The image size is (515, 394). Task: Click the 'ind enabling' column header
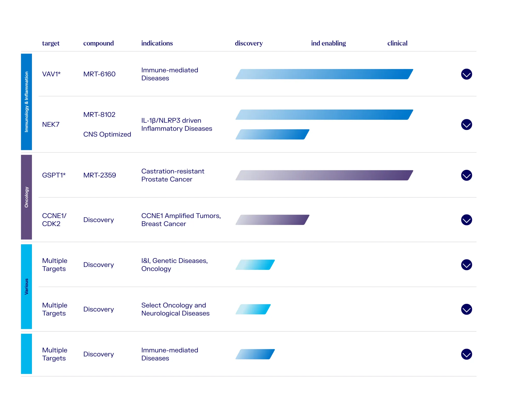tap(328, 43)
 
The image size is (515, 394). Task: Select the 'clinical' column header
tap(397, 43)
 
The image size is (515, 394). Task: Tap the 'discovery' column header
tap(249, 43)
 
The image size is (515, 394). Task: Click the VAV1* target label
tap(51, 74)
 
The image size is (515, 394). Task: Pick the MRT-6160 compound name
tap(99, 74)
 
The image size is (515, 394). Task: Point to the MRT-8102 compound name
tap(99, 115)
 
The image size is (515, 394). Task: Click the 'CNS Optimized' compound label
tap(107, 135)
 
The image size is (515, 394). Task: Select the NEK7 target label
tap(51, 125)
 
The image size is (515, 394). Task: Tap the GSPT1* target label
tap(54, 175)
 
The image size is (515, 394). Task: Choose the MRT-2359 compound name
tap(100, 175)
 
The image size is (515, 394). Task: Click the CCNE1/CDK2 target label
tap(54, 220)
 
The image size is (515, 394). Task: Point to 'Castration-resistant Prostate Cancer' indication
tap(173, 175)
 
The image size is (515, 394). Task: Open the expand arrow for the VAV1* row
tap(466, 74)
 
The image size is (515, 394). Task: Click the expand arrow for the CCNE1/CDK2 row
tap(466, 220)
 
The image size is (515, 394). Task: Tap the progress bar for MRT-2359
tap(324, 175)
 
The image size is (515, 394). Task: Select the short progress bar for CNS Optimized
tap(272, 135)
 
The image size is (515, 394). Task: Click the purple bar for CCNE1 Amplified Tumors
tap(272, 220)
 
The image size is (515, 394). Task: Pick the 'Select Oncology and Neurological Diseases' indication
tap(175, 309)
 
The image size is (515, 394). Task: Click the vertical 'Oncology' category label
tap(27, 197)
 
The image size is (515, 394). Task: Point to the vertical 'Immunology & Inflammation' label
tap(27, 102)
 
